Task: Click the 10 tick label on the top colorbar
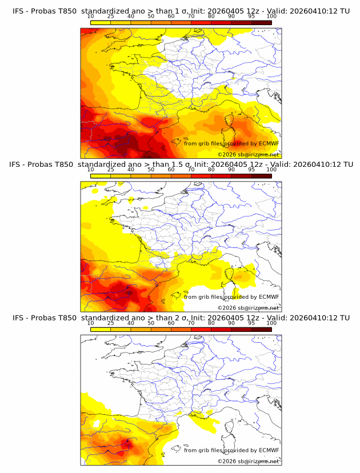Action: click(90, 17)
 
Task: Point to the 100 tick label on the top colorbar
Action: click(271, 17)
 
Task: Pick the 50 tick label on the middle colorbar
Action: click(151, 170)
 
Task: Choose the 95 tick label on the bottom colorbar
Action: click(251, 323)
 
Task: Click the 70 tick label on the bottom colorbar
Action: click(191, 323)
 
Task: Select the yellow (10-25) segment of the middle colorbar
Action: click(101, 175)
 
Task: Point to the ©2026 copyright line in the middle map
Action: click(248, 307)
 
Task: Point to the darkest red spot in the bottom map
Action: click(127, 443)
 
